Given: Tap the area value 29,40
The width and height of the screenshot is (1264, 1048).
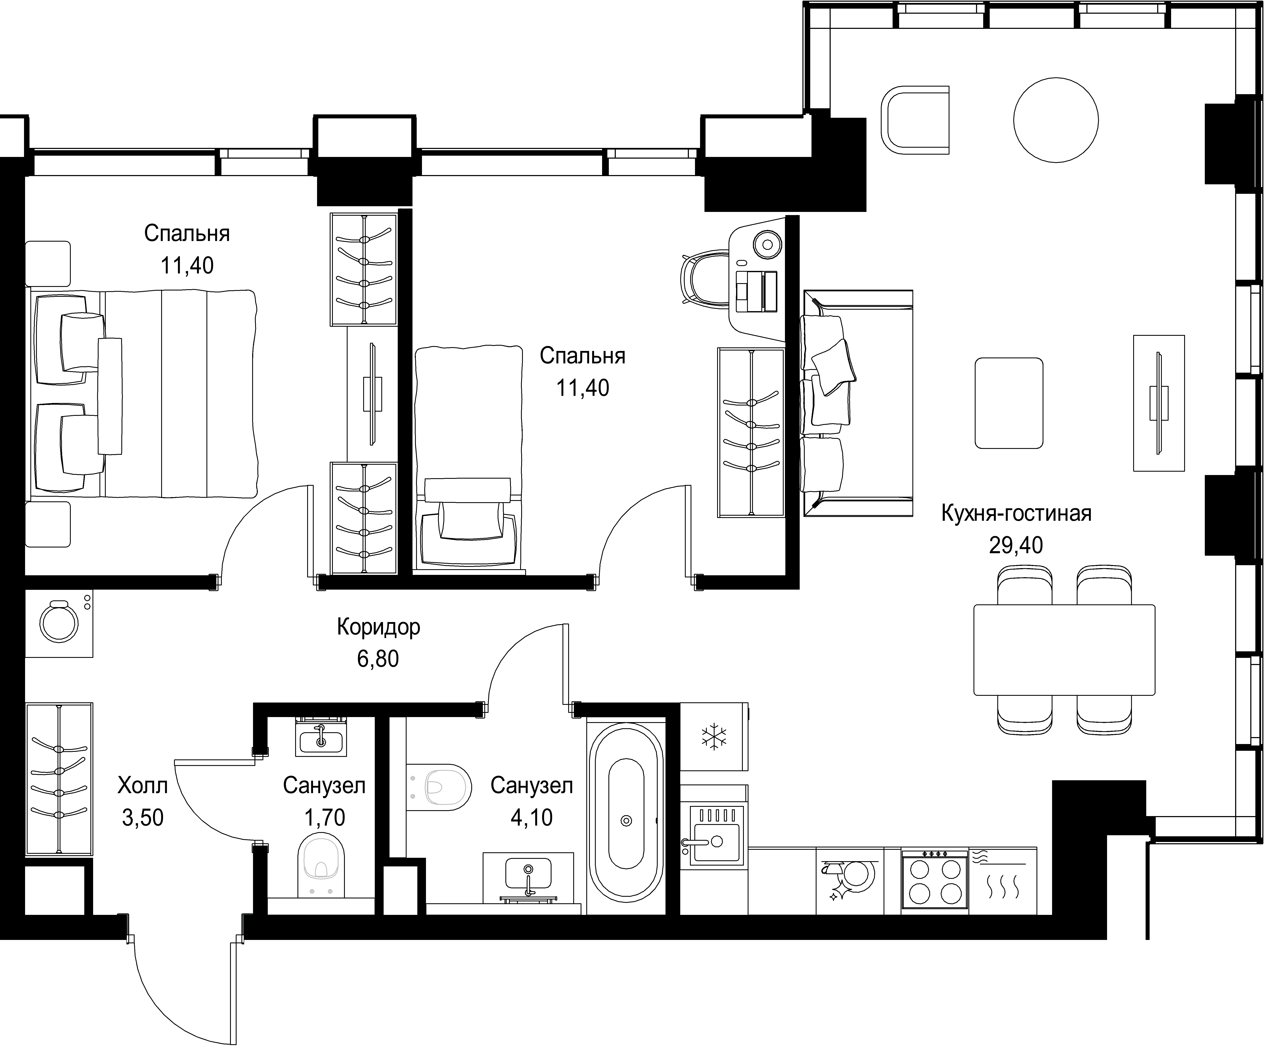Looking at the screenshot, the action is point(1016,545).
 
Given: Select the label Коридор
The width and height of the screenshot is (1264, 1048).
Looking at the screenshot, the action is point(378,627).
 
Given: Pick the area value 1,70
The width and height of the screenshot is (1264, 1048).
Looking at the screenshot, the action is point(324,818).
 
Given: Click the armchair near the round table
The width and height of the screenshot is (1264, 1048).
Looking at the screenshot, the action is point(915,120).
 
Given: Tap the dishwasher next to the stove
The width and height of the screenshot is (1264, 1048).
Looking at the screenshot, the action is point(850,882).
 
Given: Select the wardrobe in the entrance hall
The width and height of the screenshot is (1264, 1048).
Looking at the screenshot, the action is point(59,778).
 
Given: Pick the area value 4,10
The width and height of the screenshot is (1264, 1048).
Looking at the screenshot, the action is point(532,818).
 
